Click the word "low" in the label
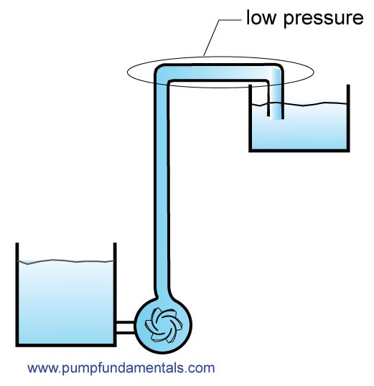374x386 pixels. tap(261, 17)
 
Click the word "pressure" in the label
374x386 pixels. tap(323, 19)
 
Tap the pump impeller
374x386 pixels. tap(164, 325)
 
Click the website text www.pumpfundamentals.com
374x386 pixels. tap(121, 368)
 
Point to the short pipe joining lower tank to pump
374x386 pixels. tap(126, 327)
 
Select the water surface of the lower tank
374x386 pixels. tap(66, 261)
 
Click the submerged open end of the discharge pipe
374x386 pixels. tap(276, 118)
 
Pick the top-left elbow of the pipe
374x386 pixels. tap(162, 72)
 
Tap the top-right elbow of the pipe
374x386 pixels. tap(276, 72)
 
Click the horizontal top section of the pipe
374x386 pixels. tap(218, 72)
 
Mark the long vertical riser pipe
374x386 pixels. tap(162, 187)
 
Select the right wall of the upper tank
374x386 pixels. tap(348, 118)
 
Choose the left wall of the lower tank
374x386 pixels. tap(17, 295)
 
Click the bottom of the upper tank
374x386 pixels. tap(299, 151)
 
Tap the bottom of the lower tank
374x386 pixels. tap(66, 344)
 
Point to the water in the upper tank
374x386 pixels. tap(308, 128)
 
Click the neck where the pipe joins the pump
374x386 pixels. tap(162, 296)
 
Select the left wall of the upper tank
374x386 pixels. tap(250, 118)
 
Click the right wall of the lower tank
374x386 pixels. tap(115, 295)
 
